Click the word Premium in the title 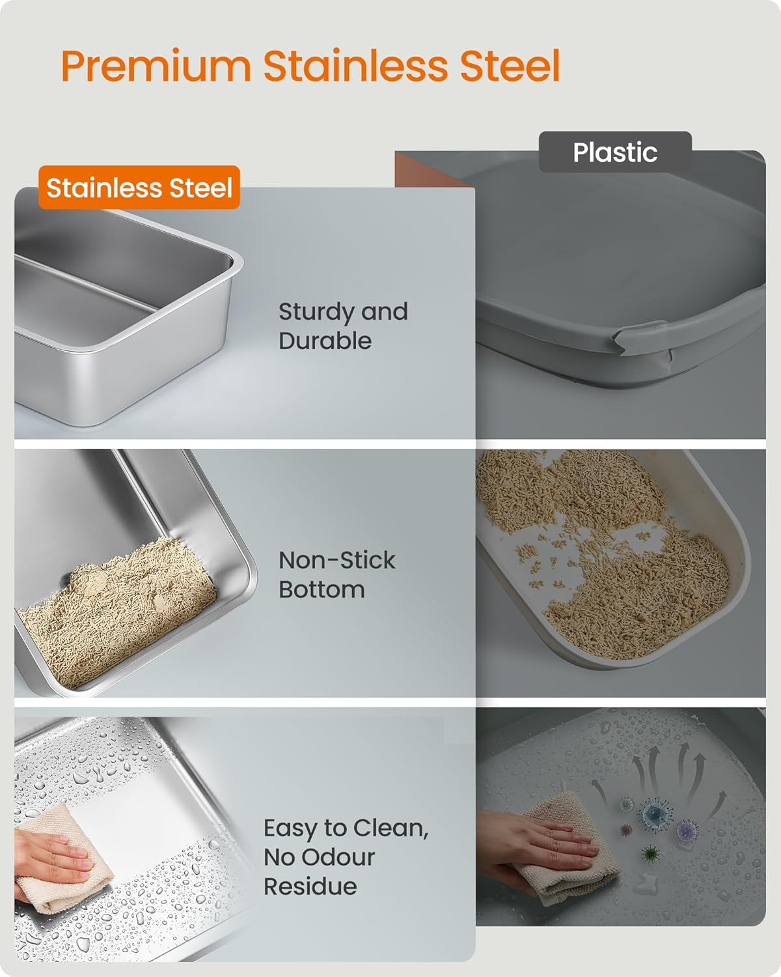click(156, 66)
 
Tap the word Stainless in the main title click(355, 66)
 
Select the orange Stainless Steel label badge click(139, 188)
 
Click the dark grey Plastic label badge click(614, 152)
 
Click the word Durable click(325, 341)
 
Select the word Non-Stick click(336, 560)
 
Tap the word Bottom click(322, 589)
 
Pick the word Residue click(310, 886)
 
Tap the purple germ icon click(687, 830)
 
